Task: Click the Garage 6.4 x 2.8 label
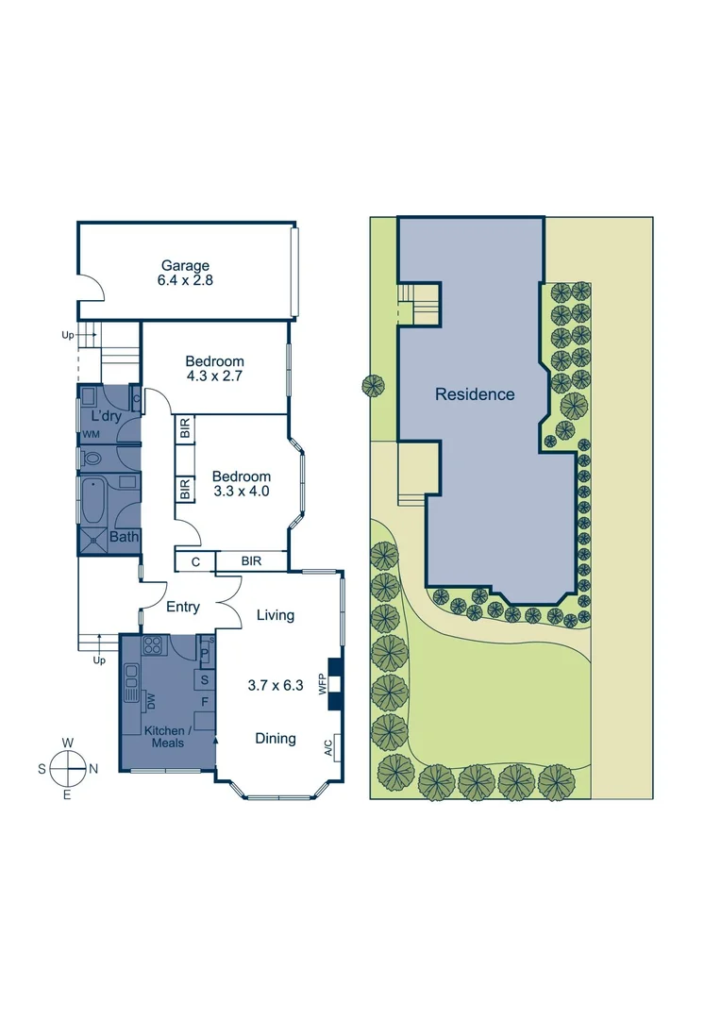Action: [x=185, y=274]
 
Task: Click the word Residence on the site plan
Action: [x=475, y=394]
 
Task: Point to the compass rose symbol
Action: [x=68, y=768]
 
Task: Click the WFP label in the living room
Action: [x=323, y=684]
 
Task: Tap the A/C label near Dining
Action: [x=328, y=748]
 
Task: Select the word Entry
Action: [x=183, y=607]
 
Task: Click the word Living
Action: [x=276, y=615]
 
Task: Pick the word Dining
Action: [x=276, y=739]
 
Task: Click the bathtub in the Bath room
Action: [x=93, y=500]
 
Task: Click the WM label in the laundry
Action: [x=91, y=434]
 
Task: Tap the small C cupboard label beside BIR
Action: [x=195, y=561]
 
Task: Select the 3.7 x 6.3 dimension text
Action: [x=276, y=686]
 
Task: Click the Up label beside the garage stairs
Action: [x=68, y=335]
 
